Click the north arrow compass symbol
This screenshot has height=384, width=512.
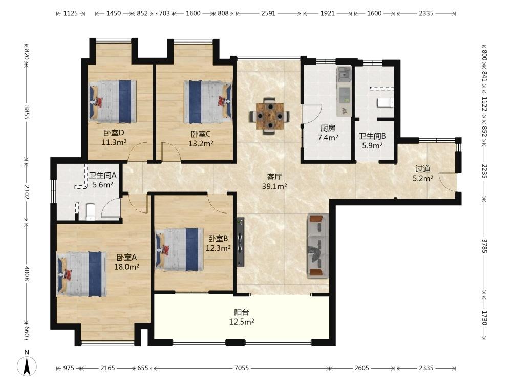point(27,366)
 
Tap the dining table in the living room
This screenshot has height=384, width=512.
point(270,116)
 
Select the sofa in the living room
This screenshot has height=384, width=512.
point(318,246)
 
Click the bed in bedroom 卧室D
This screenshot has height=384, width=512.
point(113,101)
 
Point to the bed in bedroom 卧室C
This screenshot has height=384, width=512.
point(208,102)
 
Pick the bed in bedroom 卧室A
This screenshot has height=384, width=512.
point(81,273)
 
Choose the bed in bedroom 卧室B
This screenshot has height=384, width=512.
point(180,249)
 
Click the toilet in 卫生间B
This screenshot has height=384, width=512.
point(386,103)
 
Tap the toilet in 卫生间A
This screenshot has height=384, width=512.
point(90,212)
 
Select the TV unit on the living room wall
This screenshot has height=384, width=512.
point(240,242)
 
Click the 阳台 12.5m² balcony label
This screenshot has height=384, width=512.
point(242,317)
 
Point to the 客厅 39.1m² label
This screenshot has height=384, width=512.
point(274,182)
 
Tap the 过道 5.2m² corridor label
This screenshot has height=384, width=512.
point(423,174)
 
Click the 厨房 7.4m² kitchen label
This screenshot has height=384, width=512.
point(328,133)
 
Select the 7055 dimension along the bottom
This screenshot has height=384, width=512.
point(242,368)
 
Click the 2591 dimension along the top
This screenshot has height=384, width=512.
point(268,13)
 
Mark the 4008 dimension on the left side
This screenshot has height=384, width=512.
point(27,273)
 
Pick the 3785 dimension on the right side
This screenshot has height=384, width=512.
point(484,246)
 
